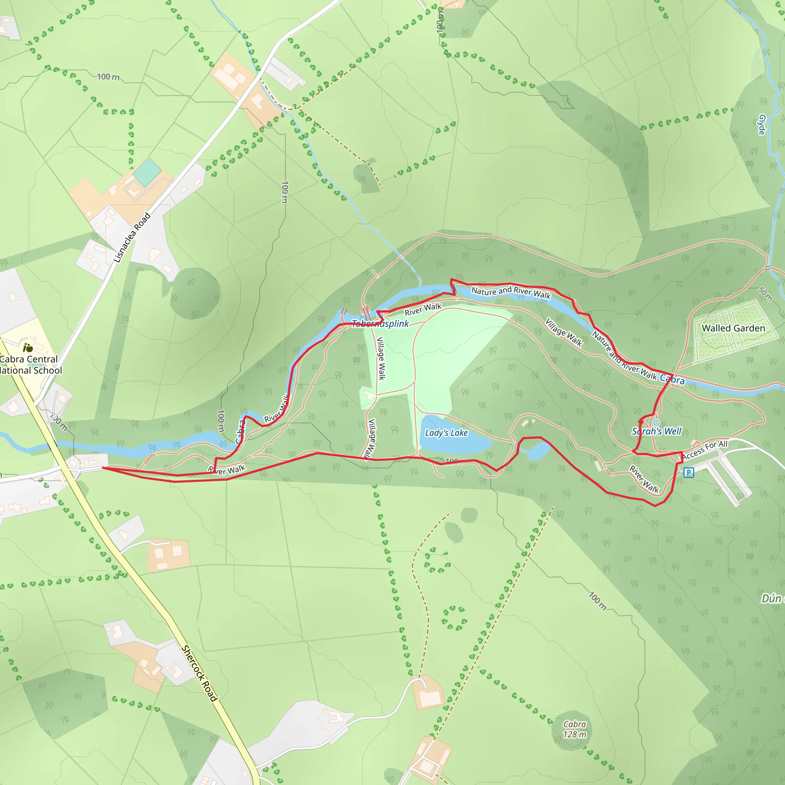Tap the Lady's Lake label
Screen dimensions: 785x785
(446, 433)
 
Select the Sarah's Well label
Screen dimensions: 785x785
(657, 431)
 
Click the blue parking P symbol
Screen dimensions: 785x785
(688, 472)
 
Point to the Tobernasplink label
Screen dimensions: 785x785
(380, 324)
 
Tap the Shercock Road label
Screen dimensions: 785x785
(199, 673)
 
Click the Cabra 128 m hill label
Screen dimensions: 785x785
(575, 729)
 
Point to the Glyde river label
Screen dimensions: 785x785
(762, 125)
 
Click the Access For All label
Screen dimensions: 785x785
(705, 450)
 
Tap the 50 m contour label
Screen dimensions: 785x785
(765, 294)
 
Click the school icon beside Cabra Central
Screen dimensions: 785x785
(28, 347)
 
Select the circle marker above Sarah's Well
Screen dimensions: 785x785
(657, 422)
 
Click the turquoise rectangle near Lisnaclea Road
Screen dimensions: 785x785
(147, 172)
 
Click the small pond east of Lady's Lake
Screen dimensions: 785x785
(537, 452)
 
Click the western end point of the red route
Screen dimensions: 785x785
(102, 468)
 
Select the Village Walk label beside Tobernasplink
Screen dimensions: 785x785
(381, 358)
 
